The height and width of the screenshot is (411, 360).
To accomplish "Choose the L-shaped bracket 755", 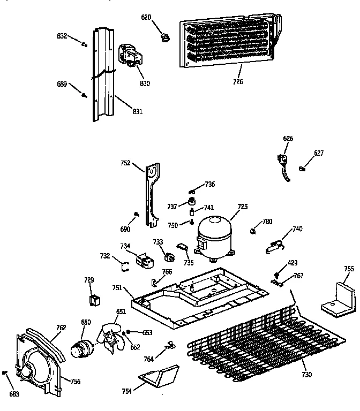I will (x=339, y=298).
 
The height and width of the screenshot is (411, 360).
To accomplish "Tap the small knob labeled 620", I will (x=164, y=36).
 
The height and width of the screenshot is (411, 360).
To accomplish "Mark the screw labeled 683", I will (x=5, y=372).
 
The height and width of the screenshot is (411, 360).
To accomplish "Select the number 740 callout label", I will (x=297, y=229).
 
